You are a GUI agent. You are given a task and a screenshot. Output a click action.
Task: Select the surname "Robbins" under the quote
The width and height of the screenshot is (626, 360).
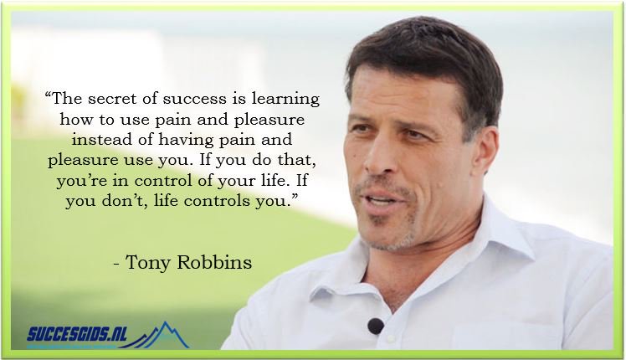pos(213,263)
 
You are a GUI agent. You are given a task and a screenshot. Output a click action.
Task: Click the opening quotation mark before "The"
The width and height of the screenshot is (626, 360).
pos(48,95)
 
